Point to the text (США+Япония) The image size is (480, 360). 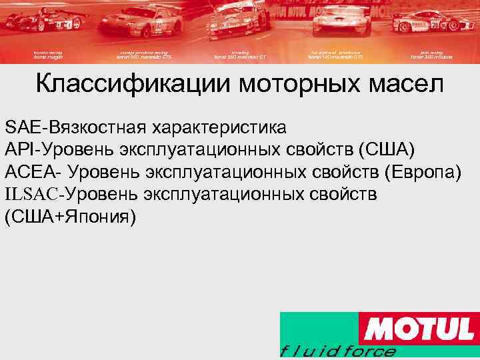pyautogui.click(x=70, y=217)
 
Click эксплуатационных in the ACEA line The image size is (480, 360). pyautogui.click(x=223, y=172)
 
